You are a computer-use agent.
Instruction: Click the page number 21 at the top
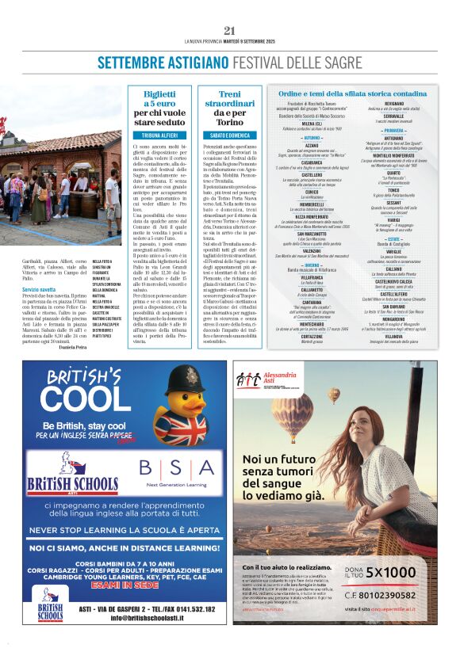click(230, 31)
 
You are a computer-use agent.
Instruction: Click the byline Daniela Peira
click(73, 347)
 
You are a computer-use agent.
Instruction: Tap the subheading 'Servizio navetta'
click(40, 290)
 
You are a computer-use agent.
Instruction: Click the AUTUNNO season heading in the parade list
click(312, 138)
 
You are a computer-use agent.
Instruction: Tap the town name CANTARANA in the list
click(312, 302)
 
